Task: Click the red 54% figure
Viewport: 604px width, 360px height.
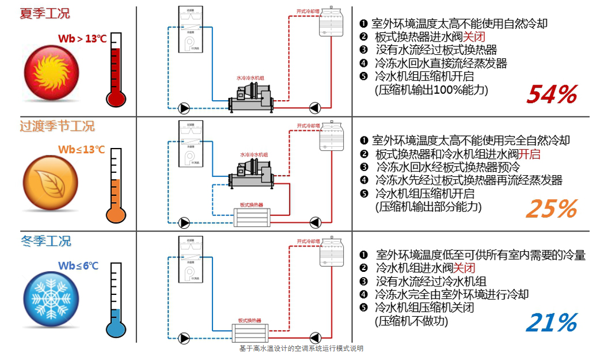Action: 551,94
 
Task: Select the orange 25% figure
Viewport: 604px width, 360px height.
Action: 550,209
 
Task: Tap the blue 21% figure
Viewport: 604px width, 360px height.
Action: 550,323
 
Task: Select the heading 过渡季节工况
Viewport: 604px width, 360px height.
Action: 57,126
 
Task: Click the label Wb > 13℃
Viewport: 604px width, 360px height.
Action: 82,39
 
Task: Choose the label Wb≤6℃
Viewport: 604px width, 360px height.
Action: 78,266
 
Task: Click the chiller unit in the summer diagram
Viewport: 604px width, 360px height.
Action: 253,98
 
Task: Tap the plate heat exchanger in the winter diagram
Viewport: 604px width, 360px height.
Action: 250,332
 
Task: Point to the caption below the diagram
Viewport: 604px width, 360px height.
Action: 301,349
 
